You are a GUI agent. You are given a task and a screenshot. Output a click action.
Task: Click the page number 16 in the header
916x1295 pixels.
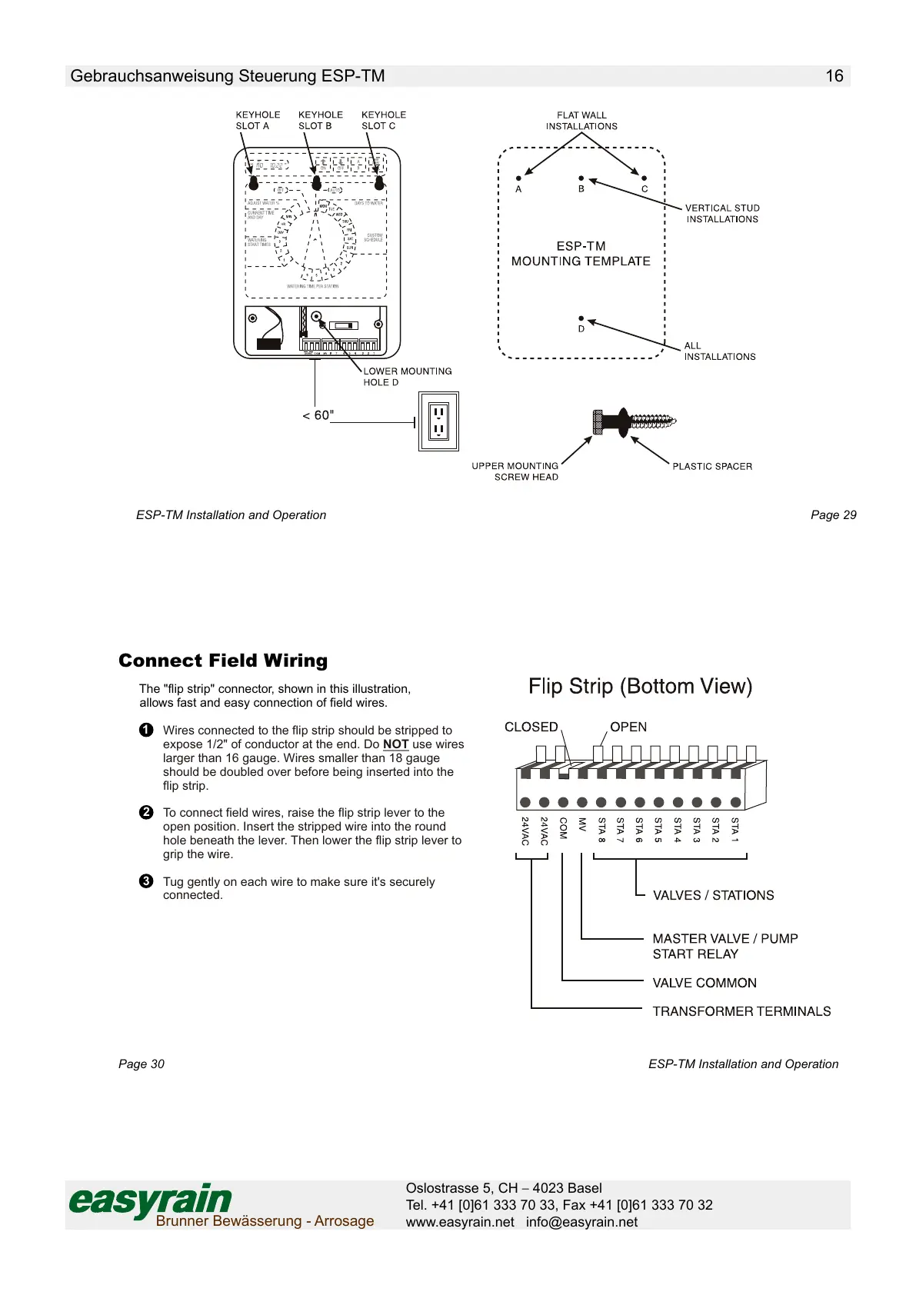[834, 76]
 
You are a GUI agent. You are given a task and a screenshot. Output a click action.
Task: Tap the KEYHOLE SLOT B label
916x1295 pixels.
[320, 120]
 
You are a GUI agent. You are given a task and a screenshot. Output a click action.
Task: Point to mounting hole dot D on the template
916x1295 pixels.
[581, 318]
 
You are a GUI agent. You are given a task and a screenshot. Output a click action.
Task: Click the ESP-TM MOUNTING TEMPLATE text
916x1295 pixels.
[581, 254]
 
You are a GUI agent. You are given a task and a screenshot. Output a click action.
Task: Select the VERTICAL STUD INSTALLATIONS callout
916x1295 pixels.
[722, 214]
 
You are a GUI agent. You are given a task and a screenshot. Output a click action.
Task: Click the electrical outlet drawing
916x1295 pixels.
[438, 421]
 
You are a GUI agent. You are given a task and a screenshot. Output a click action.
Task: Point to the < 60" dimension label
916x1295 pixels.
[318, 415]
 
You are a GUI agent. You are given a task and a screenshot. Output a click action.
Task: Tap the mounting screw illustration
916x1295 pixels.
[634, 421]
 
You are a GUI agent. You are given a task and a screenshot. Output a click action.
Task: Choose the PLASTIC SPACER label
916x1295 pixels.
[712, 467]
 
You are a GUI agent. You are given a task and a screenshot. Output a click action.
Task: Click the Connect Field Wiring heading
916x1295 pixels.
[223, 661]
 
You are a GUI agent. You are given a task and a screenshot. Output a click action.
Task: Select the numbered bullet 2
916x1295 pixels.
[146, 813]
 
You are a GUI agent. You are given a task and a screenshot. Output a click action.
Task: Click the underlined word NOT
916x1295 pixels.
[395, 744]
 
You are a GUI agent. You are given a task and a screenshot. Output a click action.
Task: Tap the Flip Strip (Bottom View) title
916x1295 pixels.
[640, 686]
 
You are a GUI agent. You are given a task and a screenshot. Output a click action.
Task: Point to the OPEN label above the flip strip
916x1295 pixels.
[628, 727]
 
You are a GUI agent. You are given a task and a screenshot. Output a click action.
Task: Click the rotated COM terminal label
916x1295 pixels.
[563, 828]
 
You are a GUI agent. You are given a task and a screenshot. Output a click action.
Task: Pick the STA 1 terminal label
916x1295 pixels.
[734, 831]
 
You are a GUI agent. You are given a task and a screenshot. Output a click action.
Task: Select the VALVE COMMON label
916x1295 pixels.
[704, 983]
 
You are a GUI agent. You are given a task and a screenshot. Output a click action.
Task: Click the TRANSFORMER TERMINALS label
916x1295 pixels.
[741, 1011]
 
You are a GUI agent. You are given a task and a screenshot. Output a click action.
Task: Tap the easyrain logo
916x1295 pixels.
[151, 1200]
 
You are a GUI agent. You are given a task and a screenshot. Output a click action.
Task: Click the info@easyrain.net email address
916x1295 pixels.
[581, 1222]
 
